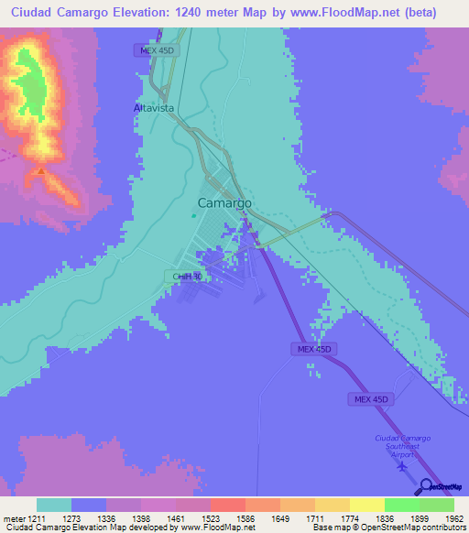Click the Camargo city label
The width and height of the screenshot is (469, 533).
tap(224, 203)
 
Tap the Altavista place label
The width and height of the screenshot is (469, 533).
tap(153, 107)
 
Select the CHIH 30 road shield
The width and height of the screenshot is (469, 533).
tap(187, 276)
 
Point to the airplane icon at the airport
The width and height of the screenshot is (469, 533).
tap(401, 466)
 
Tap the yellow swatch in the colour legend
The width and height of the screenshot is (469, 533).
tap(366, 505)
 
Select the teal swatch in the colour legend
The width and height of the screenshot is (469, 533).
tap(54, 505)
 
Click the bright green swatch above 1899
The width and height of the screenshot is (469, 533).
tap(401, 505)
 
